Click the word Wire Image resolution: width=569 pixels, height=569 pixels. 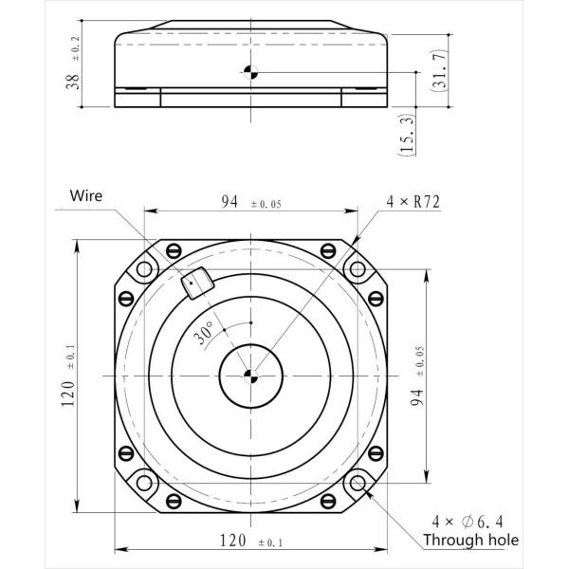(x=86, y=195)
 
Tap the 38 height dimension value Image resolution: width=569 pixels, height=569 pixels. (x=73, y=82)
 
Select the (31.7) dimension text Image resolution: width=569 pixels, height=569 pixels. (x=439, y=69)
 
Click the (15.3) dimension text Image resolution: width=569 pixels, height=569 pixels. (x=407, y=135)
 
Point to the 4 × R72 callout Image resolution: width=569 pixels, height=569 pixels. (x=413, y=202)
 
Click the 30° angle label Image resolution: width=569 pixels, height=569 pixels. (x=204, y=333)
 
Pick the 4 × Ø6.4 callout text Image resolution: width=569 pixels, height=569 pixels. (x=468, y=522)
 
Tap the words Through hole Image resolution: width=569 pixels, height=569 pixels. (x=471, y=540)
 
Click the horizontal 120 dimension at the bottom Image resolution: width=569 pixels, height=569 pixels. (x=233, y=541)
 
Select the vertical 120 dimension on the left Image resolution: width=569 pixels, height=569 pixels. (x=68, y=394)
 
